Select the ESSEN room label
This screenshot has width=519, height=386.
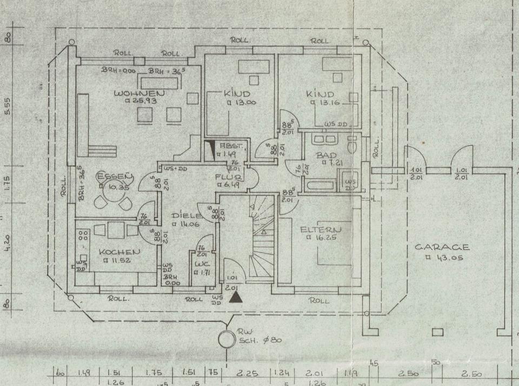[115, 176]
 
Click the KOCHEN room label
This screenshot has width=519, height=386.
[120, 252]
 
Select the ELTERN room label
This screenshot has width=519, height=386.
[321, 230]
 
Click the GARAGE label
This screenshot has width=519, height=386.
[442, 247]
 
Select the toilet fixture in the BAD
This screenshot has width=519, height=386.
[353, 146]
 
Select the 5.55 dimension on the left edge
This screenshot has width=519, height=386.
[7, 106]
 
